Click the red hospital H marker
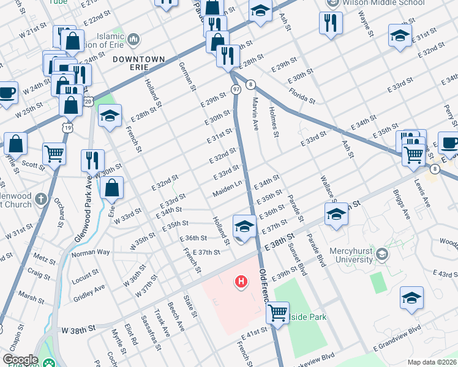(242, 282)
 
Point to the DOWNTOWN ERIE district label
(139, 64)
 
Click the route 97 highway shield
(236, 90)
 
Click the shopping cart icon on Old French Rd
(278, 313)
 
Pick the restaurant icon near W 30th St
(92, 160)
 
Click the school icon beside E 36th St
(244, 226)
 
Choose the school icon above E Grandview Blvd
(411, 298)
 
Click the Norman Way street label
(91, 252)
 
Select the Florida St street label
(303, 96)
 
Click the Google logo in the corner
(20, 360)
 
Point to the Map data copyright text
(432, 362)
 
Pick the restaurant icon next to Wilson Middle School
(331, 23)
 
